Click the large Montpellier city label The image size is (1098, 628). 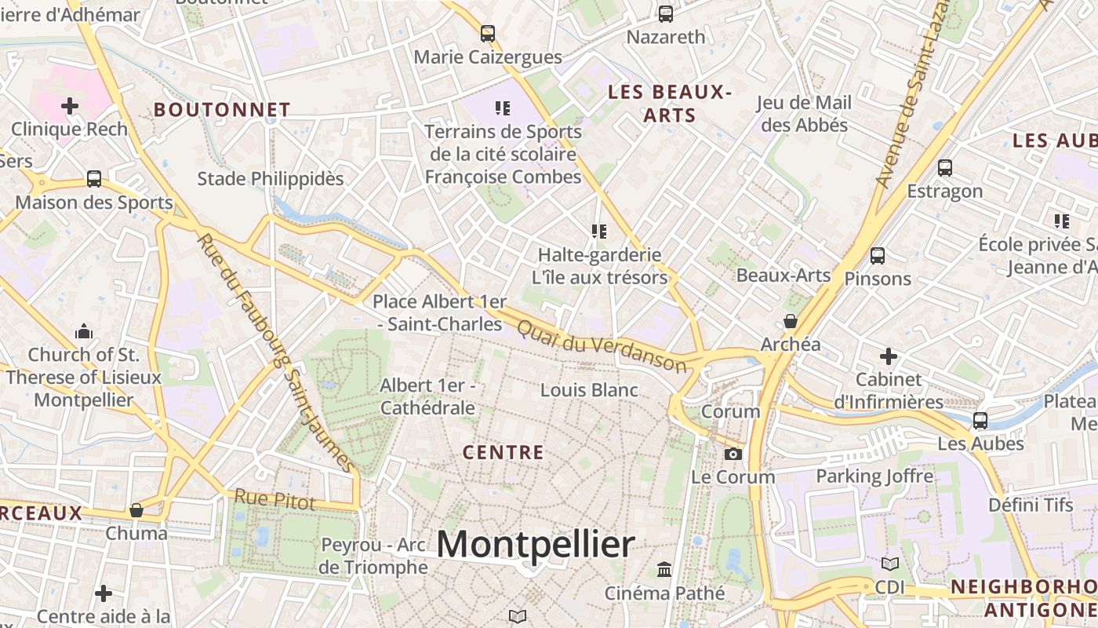pyautogui.click(x=536, y=544)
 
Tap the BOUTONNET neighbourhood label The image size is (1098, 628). pyautogui.click(x=222, y=110)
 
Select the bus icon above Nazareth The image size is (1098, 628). pyautogui.click(x=666, y=13)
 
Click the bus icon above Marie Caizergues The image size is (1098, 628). pyautogui.click(x=488, y=34)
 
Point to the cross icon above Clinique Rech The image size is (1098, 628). pyautogui.click(x=70, y=105)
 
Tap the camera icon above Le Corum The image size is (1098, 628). pyautogui.click(x=733, y=454)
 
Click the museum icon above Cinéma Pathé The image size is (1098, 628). pyautogui.click(x=664, y=569)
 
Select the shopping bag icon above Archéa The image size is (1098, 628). pyautogui.click(x=791, y=321)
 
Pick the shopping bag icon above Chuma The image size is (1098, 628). pyautogui.click(x=136, y=510)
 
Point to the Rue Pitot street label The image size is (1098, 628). pyautogui.click(x=274, y=499)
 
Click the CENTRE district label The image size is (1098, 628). pyautogui.click(x=503, y=452)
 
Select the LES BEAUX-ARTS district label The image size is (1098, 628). pyautogui.click(x=670, y=104)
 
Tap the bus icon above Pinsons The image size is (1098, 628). pyautogui.click(x=878, y=256)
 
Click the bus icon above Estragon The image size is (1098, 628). pyautogui.click(x=945, y=168)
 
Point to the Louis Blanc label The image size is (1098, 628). pyautogui.click(x=589, y=390)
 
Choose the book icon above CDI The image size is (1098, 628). pyautogui.click(x=890, y=564)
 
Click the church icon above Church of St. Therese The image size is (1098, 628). pyautogui.click(x=84, y=332)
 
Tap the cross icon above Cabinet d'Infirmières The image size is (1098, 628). pyautogui.click(x=888, y=357)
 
